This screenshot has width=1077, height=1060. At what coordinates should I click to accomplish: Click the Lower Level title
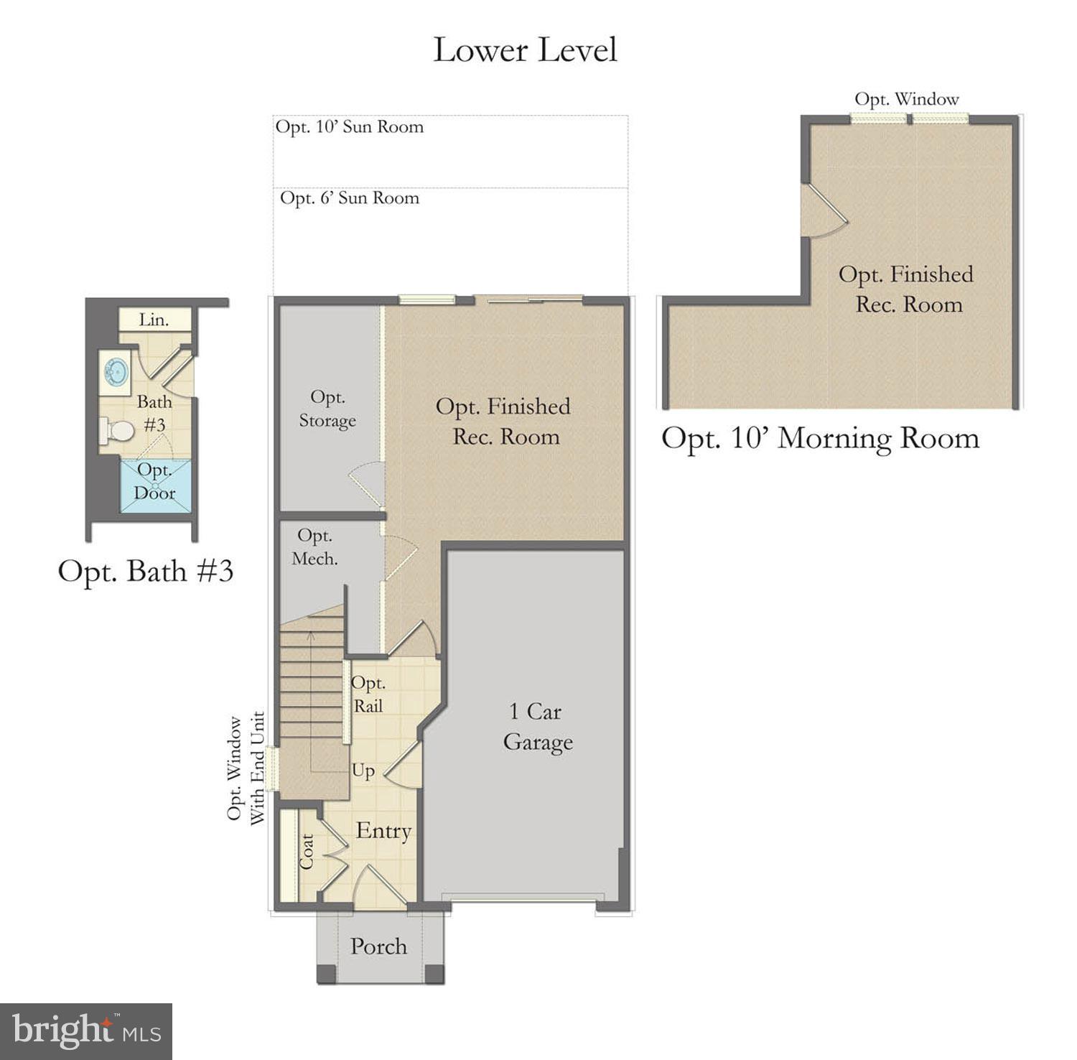click(525, 50)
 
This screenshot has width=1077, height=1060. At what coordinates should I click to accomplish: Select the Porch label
click(378, 947)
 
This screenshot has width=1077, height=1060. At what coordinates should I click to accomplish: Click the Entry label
click(383, 831)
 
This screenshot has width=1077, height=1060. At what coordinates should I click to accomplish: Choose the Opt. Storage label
click(327, 409)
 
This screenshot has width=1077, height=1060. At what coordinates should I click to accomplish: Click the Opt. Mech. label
click(314, 547)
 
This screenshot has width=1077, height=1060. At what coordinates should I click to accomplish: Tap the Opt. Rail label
click(368, 694)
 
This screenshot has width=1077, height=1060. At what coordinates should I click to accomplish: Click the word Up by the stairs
click(363, 771)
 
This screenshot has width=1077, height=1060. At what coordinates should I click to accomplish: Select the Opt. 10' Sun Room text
click(350, 127)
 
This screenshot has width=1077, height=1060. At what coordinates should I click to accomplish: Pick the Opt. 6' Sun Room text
click(350, 198)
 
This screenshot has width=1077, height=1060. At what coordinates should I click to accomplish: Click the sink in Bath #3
click(115, 372)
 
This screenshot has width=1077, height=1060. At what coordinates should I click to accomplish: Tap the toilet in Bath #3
click(117, 431)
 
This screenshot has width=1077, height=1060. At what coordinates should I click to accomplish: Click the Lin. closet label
click(154, 320)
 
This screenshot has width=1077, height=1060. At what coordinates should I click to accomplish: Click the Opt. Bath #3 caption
click(146, 571)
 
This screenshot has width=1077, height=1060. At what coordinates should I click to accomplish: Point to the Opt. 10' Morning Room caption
click(820, 438)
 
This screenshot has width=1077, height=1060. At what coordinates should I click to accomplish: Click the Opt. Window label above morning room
click(906, 99)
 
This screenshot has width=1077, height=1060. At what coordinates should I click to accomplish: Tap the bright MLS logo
click(86, 1031)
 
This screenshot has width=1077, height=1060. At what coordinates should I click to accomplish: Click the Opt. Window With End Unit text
click(246, 768)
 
